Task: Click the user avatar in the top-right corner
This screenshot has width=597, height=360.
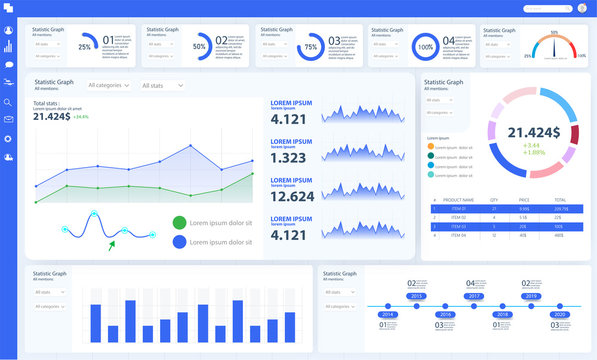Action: click(x=582, y=9)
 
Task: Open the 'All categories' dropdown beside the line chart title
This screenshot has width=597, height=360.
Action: click(x=110, y=86)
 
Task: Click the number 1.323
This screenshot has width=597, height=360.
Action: click(x=288, y=158)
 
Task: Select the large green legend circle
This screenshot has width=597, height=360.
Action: click(x=179, y=222)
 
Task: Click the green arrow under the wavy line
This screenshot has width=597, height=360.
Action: click(x=113, y=243)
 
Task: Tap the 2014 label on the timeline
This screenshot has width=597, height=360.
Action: click(x=388, y=314)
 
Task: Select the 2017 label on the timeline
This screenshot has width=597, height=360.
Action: click(x=474, y=297)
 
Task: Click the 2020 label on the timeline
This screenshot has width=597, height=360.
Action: click(x=559, y=314)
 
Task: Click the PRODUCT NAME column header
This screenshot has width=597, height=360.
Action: click(x=458, y=200)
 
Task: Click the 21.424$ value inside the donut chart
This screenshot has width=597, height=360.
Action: click(x=533, y=132)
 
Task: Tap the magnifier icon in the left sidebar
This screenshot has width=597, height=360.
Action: click(x=8, y=101)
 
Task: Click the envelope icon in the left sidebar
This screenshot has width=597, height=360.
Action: click(x=8, y=120)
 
